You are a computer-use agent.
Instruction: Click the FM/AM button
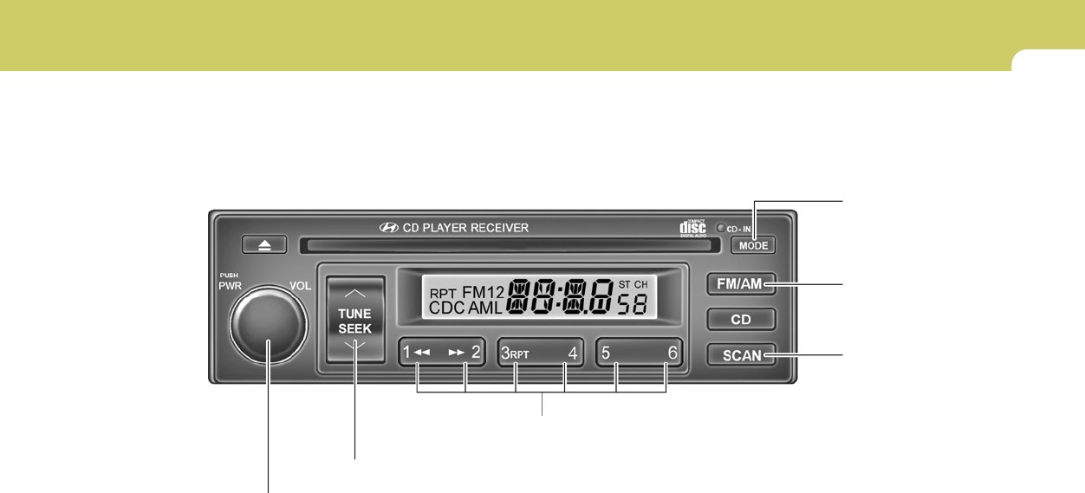741,284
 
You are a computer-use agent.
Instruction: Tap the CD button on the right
741,319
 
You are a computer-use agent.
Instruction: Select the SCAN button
741,354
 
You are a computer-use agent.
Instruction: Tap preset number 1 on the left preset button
407,353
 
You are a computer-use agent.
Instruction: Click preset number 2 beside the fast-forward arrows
476,353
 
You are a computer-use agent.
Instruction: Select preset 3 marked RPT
505,353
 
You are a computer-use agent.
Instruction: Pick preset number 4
572,353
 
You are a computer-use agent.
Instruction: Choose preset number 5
605,353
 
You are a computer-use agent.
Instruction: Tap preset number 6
672,353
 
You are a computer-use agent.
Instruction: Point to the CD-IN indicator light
720,229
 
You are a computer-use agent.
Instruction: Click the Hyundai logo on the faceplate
389,228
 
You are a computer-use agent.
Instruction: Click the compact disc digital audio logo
692,228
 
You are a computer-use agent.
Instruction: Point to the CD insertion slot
509,245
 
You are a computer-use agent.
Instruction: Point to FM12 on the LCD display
483,291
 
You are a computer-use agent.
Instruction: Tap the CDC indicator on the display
446,308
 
